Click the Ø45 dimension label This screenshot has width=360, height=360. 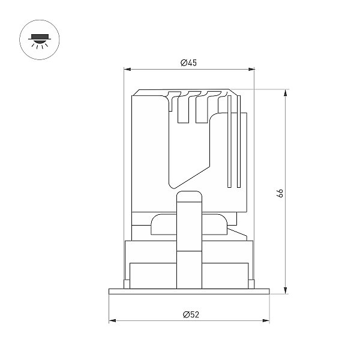click(188, 62)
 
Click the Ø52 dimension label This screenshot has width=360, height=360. click(191, 314)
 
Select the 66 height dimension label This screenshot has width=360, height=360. click(280, 193)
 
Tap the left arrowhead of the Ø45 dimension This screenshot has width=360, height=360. click(127, 69)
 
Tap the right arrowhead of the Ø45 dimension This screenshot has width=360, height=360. click(251, 69)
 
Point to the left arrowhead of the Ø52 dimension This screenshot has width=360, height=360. click(112, 320)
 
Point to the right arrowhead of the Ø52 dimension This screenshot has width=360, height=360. click(266, 320)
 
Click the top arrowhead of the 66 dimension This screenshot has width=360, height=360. click(286, 93)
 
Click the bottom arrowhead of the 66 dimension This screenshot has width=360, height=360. click(286, 290)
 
